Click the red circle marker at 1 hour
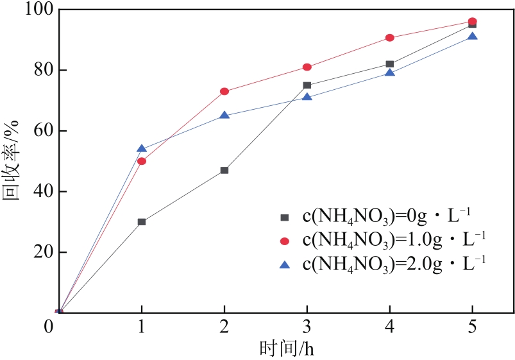pyautogui.click(x=142, y=161)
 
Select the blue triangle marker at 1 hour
pyautogui.click(x=142, y=149)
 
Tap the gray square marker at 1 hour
pyautogui.click(x=142, y=222)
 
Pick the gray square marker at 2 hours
pyautogui.click(x=224, y=170)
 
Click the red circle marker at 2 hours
pyautogui.click(x=224, y=91)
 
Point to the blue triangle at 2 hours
pyautogui.click(x=224, y=116)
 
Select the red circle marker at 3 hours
pyautogui.click(x=307, y=67)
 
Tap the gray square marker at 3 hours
pyautogui.click(x=307, y=85)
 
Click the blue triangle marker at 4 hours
pyautogui.click(x=390, y=73)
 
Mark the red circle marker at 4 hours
pyautogui.click(x=390, y=38)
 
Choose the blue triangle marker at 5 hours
pyautogui.click(x=473, y=37)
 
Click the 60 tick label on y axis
pyautogui.click(x=32, y=132)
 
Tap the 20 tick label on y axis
pyautogui.click(x=32, y=253)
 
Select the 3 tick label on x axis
pyautogui.click(x=307, y=328)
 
